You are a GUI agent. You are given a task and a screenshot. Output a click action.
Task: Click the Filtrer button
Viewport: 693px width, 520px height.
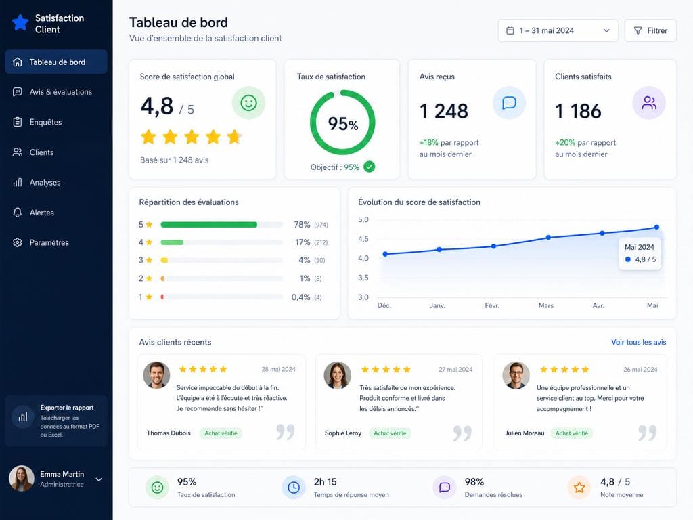pyautogui.click(x=650, y=30)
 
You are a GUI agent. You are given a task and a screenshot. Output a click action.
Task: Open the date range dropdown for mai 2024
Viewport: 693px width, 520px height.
pyautogui.click(x=558, y=30)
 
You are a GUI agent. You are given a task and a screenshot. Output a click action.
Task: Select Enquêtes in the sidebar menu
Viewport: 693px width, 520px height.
pyautogui.click(x=45, y=122)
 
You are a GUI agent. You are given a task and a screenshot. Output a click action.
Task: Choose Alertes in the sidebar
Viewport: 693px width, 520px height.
pyautogui.click(x=41, y=213)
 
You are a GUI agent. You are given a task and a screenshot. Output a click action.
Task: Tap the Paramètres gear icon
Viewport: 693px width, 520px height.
pyautogui.click(x=17, y=243)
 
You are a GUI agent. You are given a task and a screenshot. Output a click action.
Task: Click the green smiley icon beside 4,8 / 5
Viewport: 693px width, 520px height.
pyautogui.click(x=248, y=103)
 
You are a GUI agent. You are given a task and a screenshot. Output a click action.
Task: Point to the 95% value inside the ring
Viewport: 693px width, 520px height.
pyautogui.click(x=343, y=124)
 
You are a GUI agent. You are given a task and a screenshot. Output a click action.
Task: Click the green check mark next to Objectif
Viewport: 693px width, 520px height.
pyautogui.click(x=369, y=167)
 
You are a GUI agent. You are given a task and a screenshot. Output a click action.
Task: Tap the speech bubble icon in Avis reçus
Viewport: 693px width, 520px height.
pyautogui.click(x=509, y=103)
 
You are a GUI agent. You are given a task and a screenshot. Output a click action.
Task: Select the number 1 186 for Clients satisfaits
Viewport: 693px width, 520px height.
pyautogui.click(x=578, y=111)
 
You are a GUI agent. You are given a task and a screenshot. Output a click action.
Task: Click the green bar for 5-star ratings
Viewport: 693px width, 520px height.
pyautogui.click(x=208, y=225)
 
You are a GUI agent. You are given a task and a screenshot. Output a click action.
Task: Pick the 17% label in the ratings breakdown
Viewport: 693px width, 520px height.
pyautogui.click(x=303, y=242)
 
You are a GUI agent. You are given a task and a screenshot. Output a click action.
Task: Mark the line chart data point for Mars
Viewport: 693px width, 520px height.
pyautogui.click(x=548, y=238)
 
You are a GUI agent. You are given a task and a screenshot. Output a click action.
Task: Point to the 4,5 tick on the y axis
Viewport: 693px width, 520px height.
pyautogui.click(x=363, y=239)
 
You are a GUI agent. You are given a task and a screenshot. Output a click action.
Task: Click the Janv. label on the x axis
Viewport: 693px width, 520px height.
pyautogui.click(x=438, y=305)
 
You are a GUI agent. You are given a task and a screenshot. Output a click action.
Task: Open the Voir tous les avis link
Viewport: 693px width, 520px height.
pyautogui.click(x=639, y=342)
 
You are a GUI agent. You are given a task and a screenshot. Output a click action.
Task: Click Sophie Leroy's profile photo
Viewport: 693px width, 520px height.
pyautogui.click(x=337, y=375)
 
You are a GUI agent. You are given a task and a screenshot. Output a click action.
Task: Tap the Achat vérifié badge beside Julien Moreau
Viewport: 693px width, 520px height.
pyautogui.click(x=571, y=433)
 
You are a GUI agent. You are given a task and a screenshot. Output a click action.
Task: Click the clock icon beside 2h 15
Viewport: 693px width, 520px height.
pyautogui.click(x=294, y=487)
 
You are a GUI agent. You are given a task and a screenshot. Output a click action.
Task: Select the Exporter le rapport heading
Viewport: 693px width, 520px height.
pyautogui.click(x=67, y=408)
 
